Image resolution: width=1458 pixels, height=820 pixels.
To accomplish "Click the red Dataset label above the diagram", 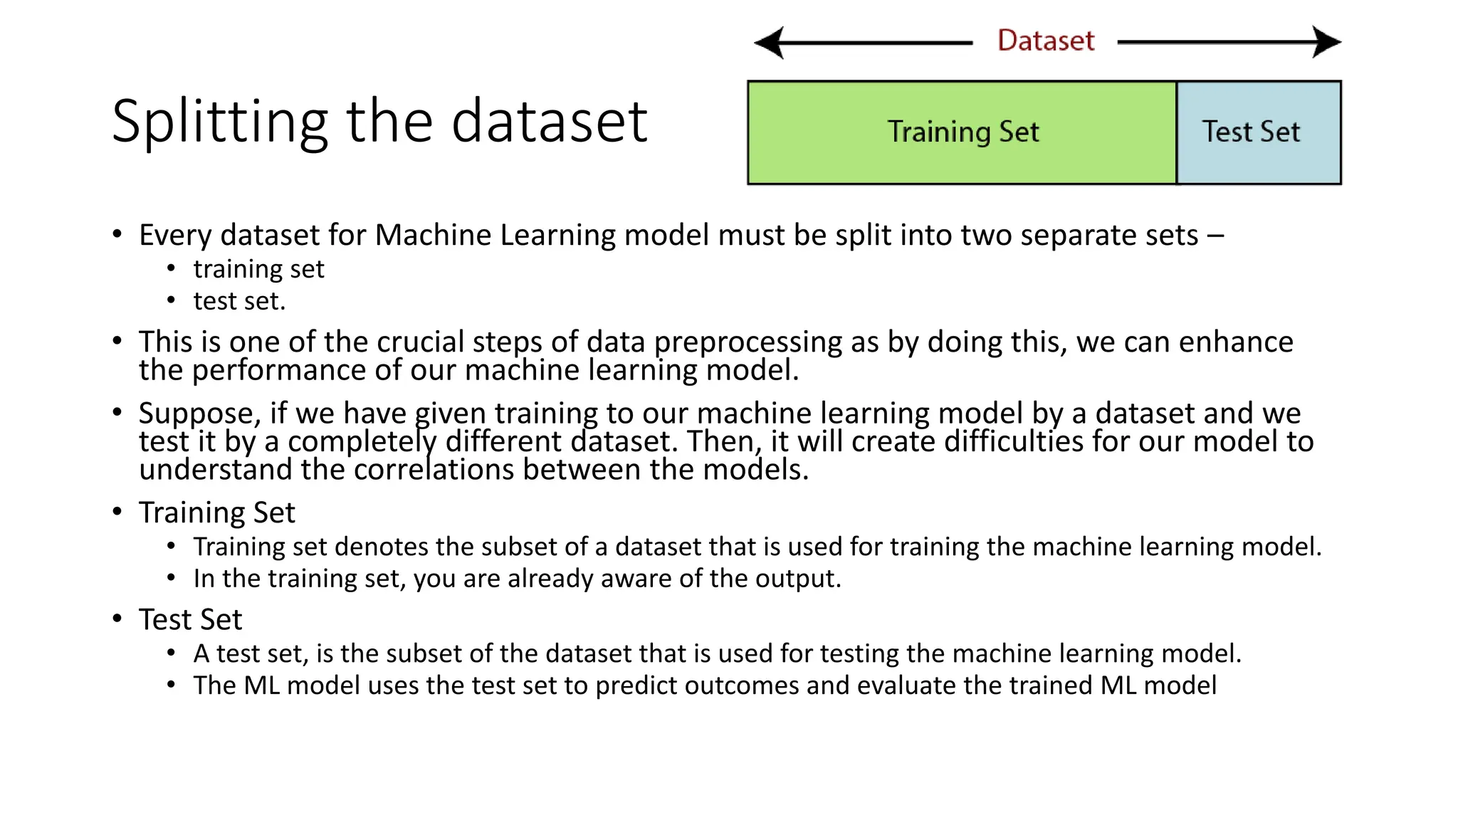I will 1045,41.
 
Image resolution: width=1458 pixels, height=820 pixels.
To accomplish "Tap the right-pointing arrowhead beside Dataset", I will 1327,42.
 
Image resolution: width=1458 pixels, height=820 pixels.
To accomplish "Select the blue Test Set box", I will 1259,132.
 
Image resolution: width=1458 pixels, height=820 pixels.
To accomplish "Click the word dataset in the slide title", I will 549,121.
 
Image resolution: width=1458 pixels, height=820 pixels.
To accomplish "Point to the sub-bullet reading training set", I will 258,269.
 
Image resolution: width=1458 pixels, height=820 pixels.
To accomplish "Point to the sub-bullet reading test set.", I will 239,301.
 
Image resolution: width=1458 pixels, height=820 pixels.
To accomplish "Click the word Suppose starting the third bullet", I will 196,414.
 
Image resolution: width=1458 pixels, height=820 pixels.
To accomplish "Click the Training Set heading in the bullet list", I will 217,512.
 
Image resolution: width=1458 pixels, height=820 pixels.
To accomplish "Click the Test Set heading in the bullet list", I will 191,619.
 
